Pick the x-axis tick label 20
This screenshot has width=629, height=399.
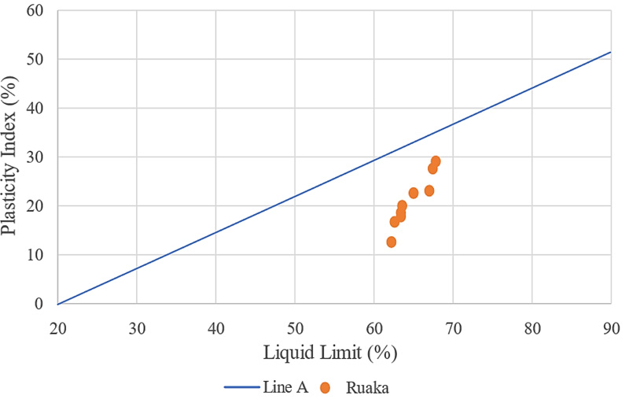[57, 323]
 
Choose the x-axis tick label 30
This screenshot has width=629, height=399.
[137, 323]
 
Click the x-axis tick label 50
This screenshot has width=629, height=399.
[295, 323]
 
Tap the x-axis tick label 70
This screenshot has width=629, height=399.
[453, 323]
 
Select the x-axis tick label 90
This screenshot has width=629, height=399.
[611, 323]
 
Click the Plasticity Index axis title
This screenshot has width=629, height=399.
[11, 157]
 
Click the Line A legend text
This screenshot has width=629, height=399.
[288, 387]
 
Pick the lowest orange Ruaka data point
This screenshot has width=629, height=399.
[391, 242]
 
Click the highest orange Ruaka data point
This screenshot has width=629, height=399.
[436, 161]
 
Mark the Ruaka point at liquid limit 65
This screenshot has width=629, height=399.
[414, 193]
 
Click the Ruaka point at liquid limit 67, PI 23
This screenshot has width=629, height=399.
[429, 190]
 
